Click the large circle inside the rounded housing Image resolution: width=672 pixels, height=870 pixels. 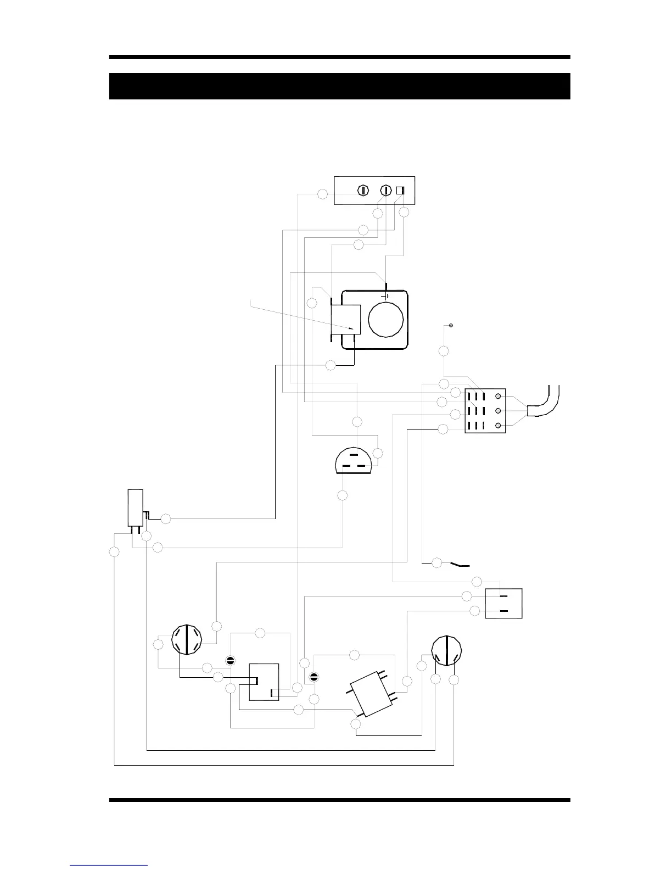(x=386, y=318)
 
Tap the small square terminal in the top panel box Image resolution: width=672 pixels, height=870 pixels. (x=400, y=191)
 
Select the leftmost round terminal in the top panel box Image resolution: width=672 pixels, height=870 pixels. (x=362, y=191)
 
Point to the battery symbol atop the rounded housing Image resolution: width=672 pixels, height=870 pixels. (x=387, y=295)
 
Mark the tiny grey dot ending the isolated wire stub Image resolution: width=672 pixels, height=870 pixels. (x=451, y=326)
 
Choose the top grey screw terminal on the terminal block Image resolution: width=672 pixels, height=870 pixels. (x=498, y=397)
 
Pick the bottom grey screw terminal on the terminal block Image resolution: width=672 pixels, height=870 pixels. (x=498, y=426)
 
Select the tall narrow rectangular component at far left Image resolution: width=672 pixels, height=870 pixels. (x=135, y=508)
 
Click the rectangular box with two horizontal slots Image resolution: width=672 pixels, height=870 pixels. (x=503, y=603)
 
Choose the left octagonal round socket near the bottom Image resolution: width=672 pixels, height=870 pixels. (x=187, y=639)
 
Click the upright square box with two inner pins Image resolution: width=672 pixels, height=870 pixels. (x=264, y=682)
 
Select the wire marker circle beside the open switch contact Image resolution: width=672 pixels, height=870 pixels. (x=437, y=562)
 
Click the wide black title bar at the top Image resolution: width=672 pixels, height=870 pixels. (x=339, y=86)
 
